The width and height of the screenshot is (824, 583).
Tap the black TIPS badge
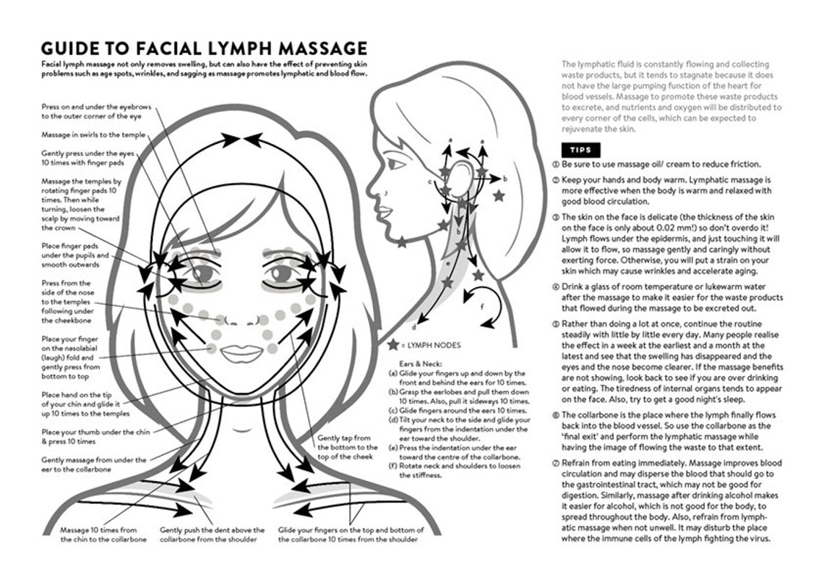click(580, 150)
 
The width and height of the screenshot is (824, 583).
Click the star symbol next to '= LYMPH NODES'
click(392, 345)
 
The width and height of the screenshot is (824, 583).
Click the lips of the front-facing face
click(241, 353)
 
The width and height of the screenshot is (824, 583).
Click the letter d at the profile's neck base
click(413, 326)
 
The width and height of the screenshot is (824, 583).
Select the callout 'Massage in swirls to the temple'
click(93, 135)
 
